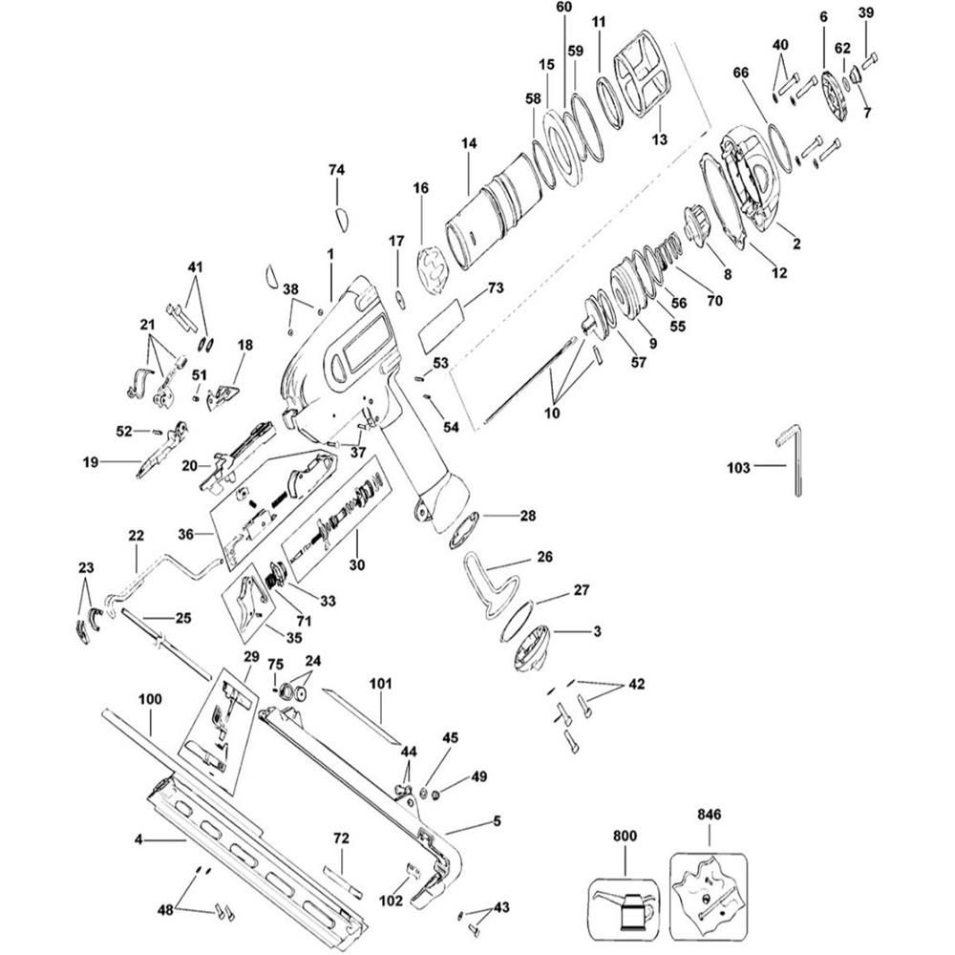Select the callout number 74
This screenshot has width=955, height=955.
[x=336, y=169]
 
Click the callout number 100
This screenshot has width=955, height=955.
[x=150, y=700]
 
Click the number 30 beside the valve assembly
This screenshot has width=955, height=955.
[x=355, y=564]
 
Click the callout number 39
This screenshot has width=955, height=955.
[x=865, y=12]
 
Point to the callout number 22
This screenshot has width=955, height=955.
[x=136, y=536]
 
